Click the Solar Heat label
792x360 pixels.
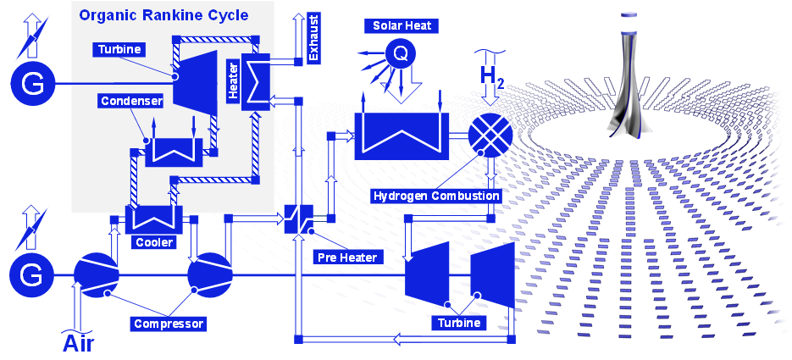coord(402,26)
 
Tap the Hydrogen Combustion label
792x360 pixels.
coord(436,196)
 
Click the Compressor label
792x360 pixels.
coord(169,323)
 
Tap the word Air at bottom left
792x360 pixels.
coord(78,343)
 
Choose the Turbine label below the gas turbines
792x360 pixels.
coord(459,323)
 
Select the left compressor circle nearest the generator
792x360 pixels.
coord(95,274)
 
